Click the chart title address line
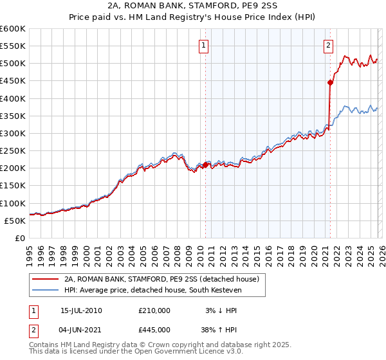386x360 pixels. click(193, 6)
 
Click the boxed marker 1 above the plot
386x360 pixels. click(204, 45)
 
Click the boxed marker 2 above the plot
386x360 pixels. click(329, 45)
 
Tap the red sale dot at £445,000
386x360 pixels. click(330, 82)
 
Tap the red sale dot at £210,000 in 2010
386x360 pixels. click(206, 165)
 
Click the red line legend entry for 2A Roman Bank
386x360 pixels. click(161, 279)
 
